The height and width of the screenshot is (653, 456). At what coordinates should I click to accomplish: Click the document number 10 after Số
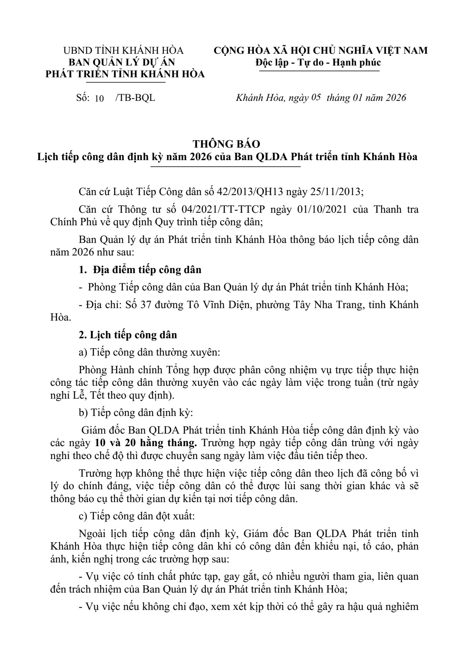pos(99,98)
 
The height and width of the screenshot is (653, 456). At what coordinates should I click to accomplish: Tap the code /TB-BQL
pos(135,98)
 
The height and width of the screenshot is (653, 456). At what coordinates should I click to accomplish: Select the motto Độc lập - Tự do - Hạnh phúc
pos(318,62)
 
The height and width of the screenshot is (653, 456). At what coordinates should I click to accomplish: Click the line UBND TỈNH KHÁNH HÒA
pos(124,50)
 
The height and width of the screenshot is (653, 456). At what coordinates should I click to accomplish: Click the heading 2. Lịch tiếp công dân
pos(128,335)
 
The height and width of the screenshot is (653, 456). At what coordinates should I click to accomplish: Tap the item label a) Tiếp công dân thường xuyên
pos(149,352)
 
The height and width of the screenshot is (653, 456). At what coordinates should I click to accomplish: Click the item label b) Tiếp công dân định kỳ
pos(136,413)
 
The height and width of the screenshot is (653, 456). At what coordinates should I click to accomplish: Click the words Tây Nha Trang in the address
pos(328,305)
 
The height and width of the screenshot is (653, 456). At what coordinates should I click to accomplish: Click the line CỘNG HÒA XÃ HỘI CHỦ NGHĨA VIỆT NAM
pos(321,50)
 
